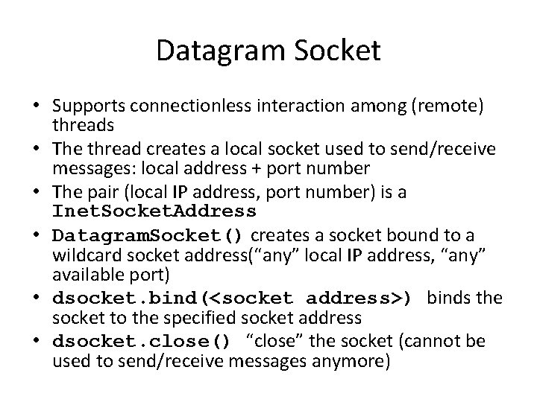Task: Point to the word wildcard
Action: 84,257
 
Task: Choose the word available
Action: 83,277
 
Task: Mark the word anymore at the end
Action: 354,362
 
